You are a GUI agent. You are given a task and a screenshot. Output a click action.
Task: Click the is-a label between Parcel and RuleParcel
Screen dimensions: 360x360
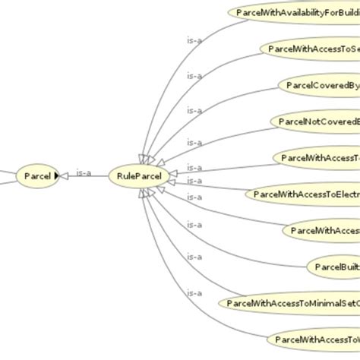pyautogui.click(x=85, y=173)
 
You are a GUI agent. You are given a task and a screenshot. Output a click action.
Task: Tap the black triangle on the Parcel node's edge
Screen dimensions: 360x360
pyautogui.click(x=55, y=177)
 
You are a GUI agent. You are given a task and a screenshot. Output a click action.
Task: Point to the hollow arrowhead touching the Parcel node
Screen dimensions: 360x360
pyautogui.click(x=62, y=177)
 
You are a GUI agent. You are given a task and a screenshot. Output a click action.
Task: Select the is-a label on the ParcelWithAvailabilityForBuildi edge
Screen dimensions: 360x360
pyautogui.click(x=195, y=39)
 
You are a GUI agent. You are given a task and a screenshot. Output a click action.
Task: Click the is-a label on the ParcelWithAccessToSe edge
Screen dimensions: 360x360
pyautogui.click(x=195, y=75)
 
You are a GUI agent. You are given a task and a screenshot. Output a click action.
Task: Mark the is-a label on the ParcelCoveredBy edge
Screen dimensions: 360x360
pyautogui.click(x=195, y=111)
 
